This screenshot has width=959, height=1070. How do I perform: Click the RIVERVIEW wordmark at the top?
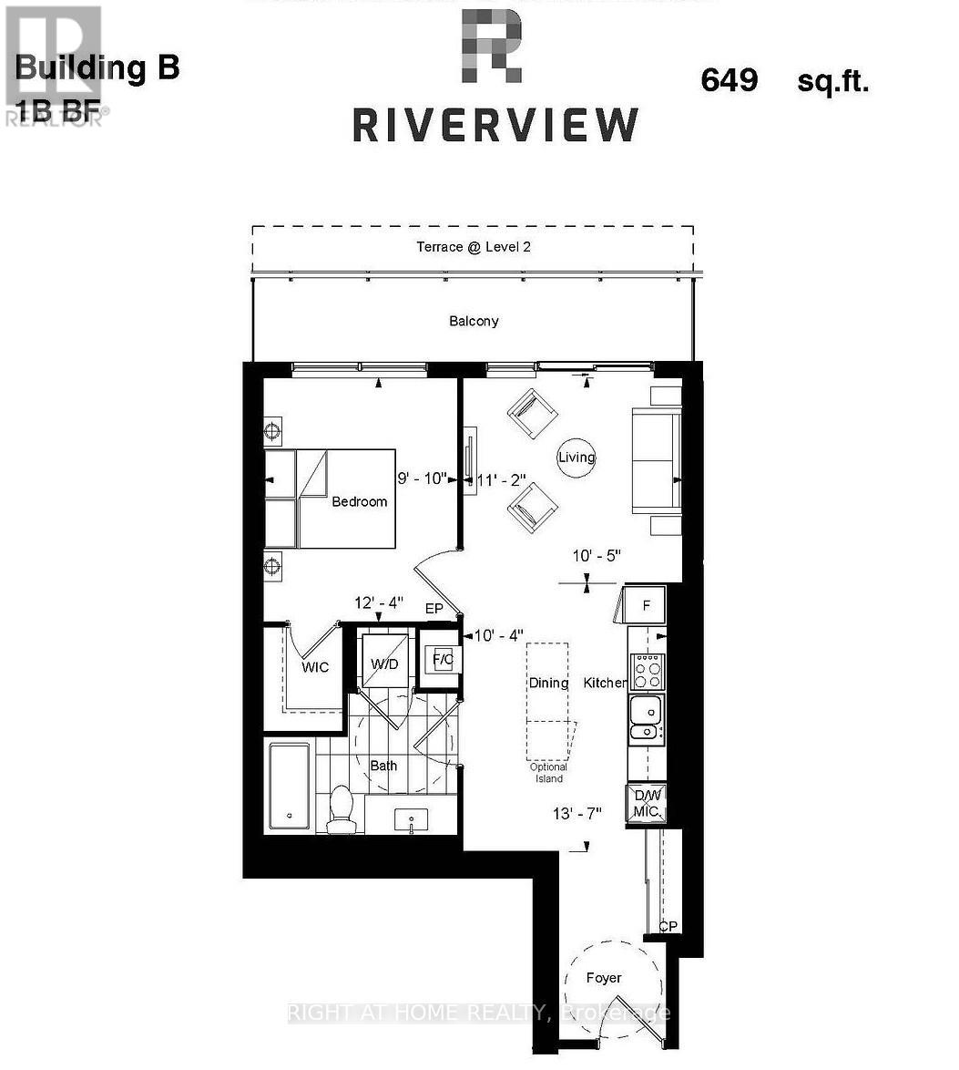tap(495, 125)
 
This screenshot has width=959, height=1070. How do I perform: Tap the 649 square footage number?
tap(729, 80)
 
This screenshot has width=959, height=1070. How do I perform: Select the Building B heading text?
tap(97, 68)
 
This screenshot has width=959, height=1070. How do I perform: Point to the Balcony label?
tap(474, 321)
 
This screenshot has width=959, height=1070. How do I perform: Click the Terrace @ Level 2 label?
tap(474, 247)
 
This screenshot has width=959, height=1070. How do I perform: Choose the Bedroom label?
tap(359, 501)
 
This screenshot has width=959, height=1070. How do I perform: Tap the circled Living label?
tap(576, 457)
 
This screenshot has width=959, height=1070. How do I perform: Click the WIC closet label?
tap(315, 667)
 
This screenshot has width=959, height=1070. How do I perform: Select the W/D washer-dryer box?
tap(383, 663)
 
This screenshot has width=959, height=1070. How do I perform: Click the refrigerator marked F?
tap(646, 604)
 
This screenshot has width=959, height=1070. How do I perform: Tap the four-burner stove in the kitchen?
tap(648, 672)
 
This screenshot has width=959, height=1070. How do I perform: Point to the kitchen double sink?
tap(646, 717)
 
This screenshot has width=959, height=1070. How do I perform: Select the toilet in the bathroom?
tap(341, 808)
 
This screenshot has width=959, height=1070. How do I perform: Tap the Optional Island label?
tap(548, 773)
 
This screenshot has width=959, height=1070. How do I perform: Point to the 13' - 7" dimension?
tap(577, 814)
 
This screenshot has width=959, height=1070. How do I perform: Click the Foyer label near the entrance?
tap(603, 978)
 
